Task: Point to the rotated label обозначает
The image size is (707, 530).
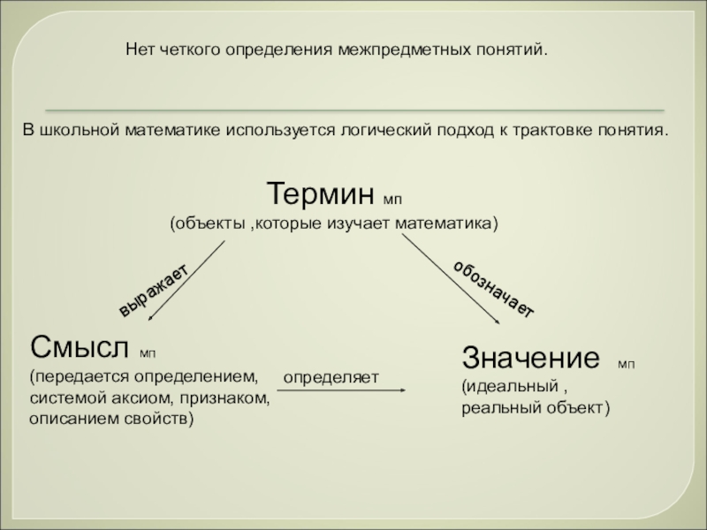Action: [494, 289]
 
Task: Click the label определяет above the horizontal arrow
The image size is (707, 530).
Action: [331, 378]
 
